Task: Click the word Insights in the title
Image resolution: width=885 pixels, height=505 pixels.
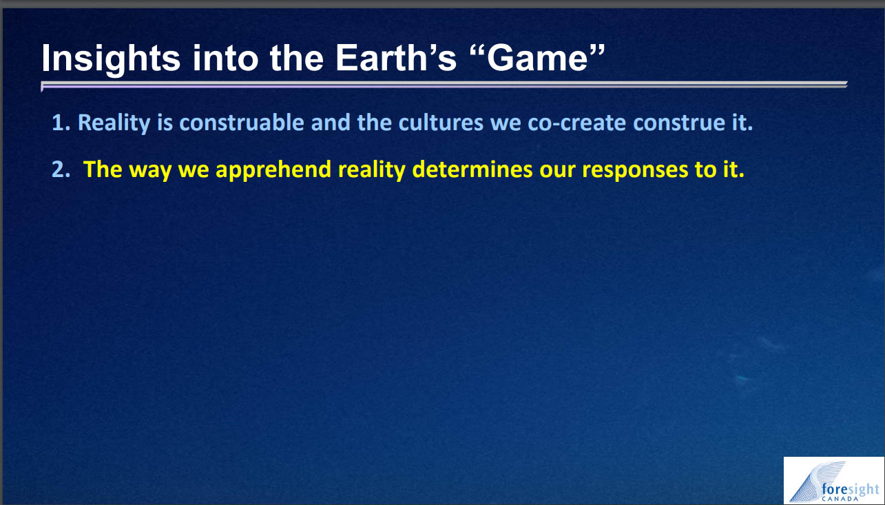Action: (x=111, y=59)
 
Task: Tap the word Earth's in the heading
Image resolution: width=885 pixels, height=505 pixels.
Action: (x=396, y=58)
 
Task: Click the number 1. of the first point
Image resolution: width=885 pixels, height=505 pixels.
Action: (x=61, y=123)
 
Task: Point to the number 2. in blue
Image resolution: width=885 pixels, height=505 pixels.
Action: (x=61, y=169)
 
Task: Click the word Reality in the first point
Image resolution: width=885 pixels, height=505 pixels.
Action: (x=114, y=123)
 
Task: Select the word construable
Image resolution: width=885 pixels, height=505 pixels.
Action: (x=242, y=123)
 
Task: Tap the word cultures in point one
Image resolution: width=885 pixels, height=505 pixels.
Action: (x=441, y=123)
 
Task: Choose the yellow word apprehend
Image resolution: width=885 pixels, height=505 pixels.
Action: (x=273, y=170)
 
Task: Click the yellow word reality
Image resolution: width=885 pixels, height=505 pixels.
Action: (x=372, y=170)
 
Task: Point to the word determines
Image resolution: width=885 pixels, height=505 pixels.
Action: (x=472, y=169)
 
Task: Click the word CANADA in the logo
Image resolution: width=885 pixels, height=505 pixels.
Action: (x=840, y=499)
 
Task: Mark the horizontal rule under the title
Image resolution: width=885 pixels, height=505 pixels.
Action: (x=444, y=85)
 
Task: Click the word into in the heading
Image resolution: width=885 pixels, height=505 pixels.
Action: (x=225, y=59)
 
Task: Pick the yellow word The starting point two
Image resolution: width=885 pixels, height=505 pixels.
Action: (x=103, y=169)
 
